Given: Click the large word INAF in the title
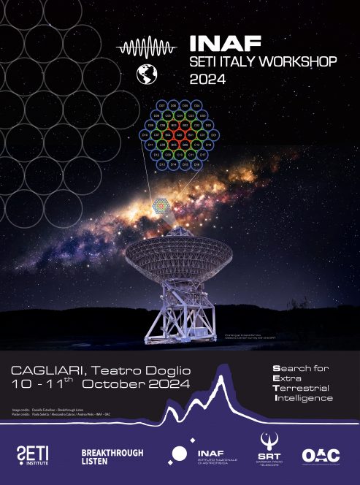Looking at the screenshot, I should click(220, 44).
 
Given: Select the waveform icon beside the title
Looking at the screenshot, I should click(147, 48).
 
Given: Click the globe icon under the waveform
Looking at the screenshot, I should click(147, 75).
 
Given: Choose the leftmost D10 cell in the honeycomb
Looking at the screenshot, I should click(145, 135).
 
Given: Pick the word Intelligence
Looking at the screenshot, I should click(304, 398).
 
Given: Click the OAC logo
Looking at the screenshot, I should click(321, 455).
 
